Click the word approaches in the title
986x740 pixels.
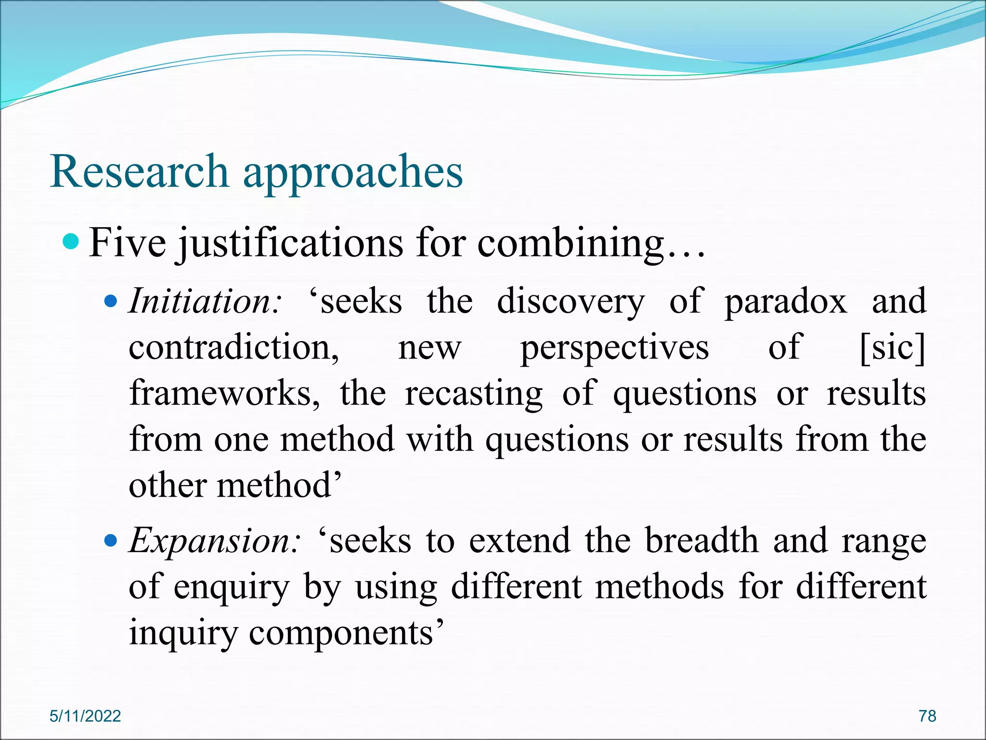(353, 172)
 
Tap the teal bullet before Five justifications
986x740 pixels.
(71, 241)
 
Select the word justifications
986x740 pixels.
(289, 243)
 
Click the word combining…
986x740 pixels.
(591, 243)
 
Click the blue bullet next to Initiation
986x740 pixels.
(111, 302)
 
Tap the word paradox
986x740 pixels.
(785, 301)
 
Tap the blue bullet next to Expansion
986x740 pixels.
(111, 541)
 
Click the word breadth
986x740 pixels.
(701, 541)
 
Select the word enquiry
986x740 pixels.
(232, 588)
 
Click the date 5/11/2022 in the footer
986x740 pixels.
(85, 716)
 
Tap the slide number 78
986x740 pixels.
(927, 716)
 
